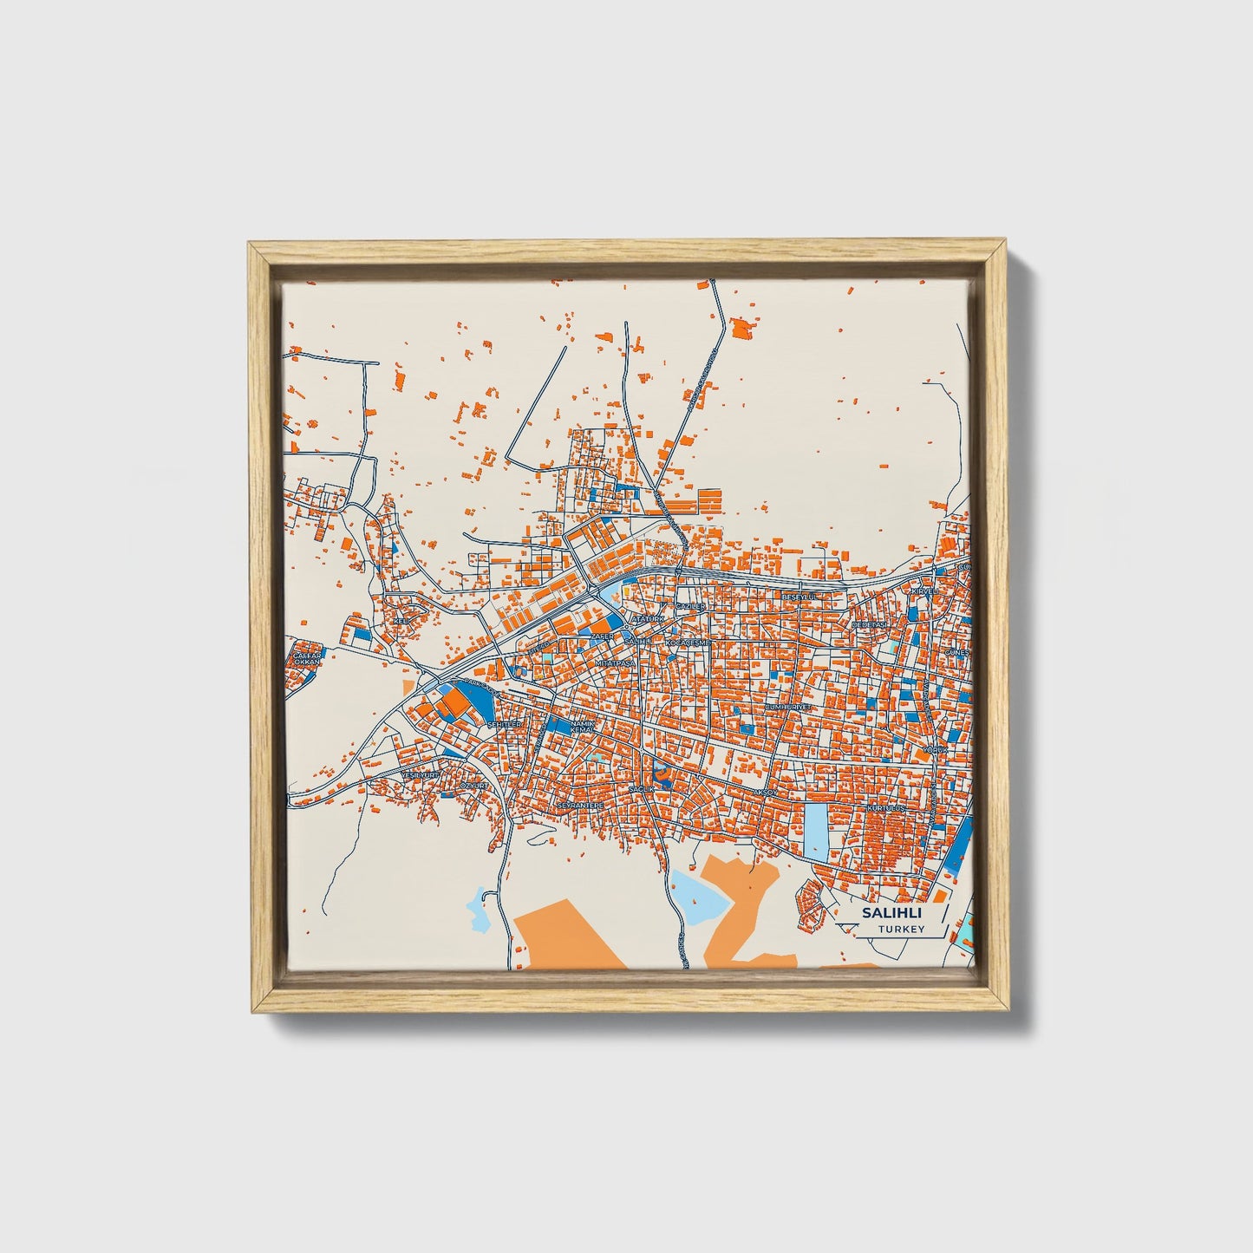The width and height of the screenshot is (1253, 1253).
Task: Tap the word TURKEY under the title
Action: pyautogui.click(x=900, y=929)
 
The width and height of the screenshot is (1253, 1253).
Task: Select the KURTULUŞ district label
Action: pyautogui.click(x=886, y=807)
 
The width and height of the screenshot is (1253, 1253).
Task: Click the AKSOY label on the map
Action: pyautogui.click(x=767, y=793)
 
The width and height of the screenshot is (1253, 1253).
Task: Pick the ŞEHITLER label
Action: pyautogui.click(x=505, y=723)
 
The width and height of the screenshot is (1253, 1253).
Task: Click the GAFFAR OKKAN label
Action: pyautogui.click(x=307, y=657)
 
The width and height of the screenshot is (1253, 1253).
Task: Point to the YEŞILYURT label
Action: pyautogui.click(x=421, y=773)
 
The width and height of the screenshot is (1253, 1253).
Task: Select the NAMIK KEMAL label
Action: pyautogui.click(x=581, y=727)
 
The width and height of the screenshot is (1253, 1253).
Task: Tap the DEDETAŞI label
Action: pyautogui.click(x=871, y=624)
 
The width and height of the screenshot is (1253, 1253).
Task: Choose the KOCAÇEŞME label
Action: pyautogui.click(x=688, y=643)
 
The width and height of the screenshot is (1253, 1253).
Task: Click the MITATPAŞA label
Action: pyautogui.click(x=616, y=662)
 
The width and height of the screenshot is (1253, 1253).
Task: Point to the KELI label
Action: pyautogui.click(x=401, y=621)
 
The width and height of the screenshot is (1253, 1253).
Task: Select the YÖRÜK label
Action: pyautogui.click(x=932, y=748)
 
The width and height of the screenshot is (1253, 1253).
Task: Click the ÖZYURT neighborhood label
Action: pyautogui.click(x=475, y=785)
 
